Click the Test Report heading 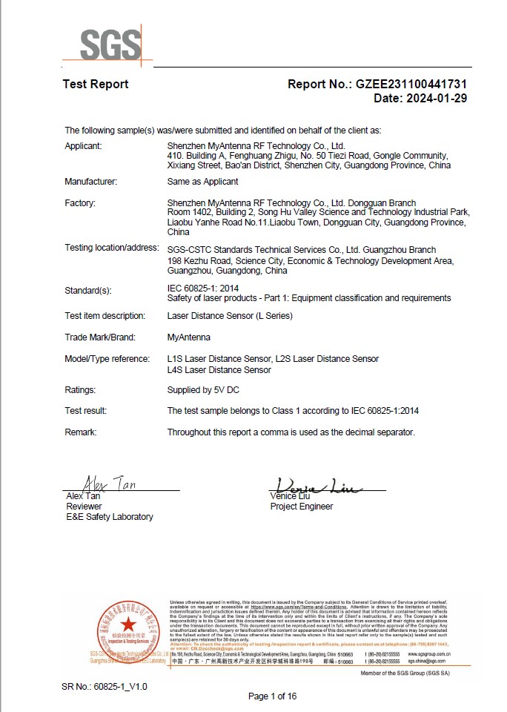tap(95, 85)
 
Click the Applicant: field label tap(83, 146)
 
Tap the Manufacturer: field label tap(90, 182)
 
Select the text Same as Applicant tap(203, 182)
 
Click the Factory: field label tap(80, 202)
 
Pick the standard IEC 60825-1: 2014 tap(204, 288)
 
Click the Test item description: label tap(105, 316)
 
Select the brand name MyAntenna tap(189, 337)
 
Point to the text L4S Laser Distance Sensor tap(219, 369)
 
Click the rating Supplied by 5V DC tap(204, 390)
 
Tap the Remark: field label tap(81, 432)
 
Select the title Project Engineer tap(302, 507)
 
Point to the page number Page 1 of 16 tap(272, 696)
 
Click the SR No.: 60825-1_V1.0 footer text tap(105, 687)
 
